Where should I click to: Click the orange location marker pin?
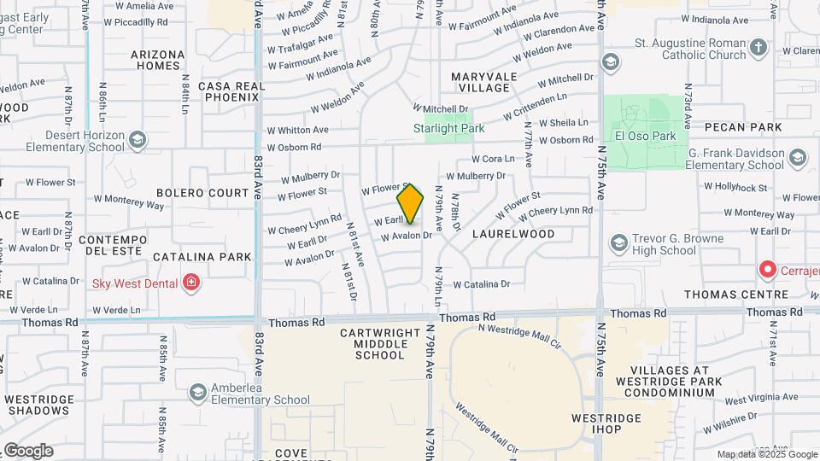point(410,204)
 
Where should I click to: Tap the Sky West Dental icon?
point(192,283)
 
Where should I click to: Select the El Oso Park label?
point(645,136)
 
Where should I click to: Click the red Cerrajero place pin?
point(767,270)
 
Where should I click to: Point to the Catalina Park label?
point(202,256)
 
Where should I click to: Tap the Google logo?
point(27,451)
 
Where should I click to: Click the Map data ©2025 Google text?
point(766,455)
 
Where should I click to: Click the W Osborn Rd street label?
point(293,147)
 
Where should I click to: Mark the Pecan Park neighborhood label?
point(743,127)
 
